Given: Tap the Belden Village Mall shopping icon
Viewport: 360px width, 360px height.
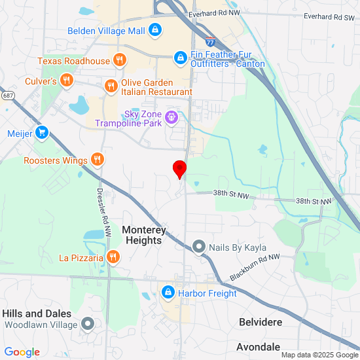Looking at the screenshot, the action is tap(154, 30).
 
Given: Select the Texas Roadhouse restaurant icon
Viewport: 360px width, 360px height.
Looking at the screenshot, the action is tap(118, 61).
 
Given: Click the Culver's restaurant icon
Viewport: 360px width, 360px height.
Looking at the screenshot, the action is tap(66, 81).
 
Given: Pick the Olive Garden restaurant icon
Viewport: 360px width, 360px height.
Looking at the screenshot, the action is tap(111, 85).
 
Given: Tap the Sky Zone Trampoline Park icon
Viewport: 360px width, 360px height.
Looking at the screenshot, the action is tap(171, 117).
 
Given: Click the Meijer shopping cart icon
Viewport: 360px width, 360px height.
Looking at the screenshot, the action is tap(43, 133).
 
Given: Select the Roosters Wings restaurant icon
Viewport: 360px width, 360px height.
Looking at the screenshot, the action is tap(97, 160).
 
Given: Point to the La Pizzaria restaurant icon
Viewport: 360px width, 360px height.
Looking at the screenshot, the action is tap(113, 257).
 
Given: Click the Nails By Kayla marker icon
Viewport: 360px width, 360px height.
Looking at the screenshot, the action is tap(199, 247).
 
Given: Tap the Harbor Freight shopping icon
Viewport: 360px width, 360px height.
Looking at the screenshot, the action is tap(168, 292).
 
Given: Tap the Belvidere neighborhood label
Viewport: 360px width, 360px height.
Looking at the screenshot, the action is tap(261, 323).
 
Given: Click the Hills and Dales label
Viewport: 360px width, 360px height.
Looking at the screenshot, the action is tap(36, 314).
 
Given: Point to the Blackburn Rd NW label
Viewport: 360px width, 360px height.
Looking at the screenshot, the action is tap(255, 267).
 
